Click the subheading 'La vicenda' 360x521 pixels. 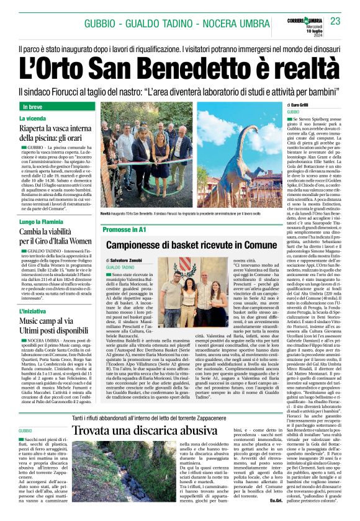point(32,118)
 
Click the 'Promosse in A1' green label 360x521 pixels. point(124,229)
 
